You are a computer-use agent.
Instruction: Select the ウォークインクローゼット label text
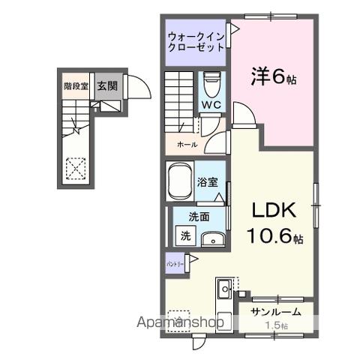[196, 41]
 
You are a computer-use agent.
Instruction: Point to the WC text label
[210, 106]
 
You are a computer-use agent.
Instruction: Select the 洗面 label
[198, 217]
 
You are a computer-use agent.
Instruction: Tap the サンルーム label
[276, 311]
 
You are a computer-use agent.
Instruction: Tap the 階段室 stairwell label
[76, 86]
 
